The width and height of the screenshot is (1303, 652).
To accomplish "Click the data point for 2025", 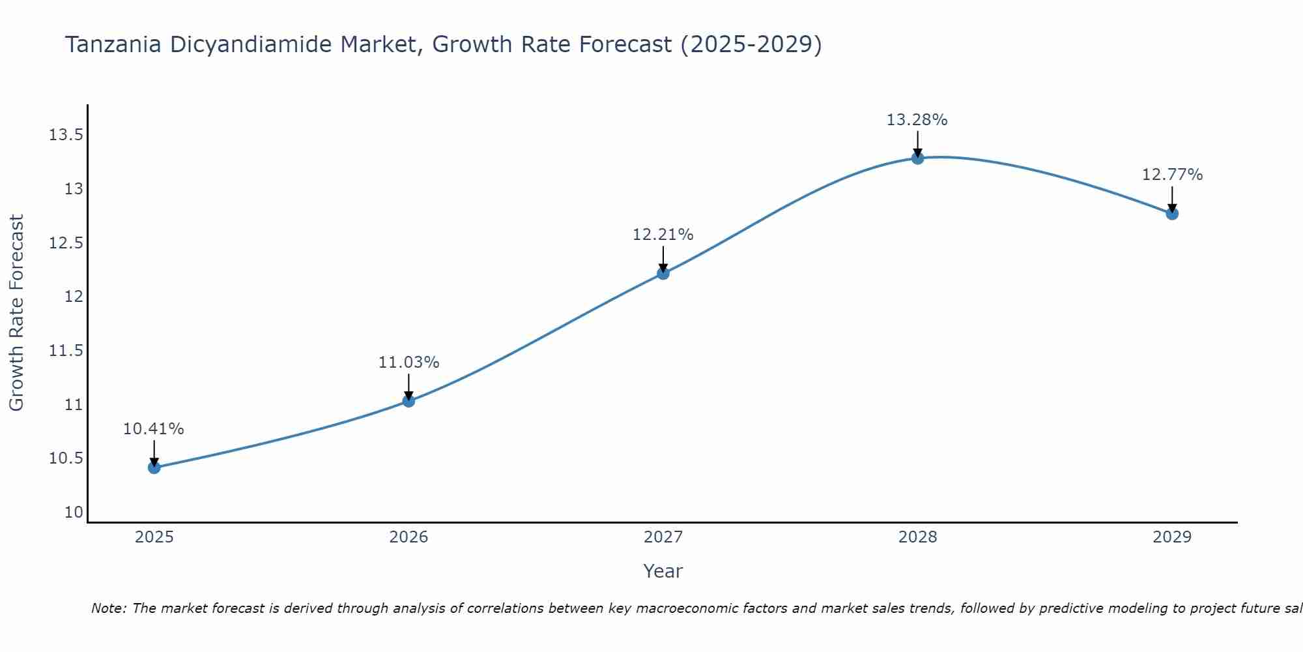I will pos(154,467).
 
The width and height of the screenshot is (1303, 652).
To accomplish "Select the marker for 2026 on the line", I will pos(408,400).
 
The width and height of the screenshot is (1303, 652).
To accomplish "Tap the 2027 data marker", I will pos(663,273).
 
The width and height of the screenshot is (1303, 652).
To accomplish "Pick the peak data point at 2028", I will pos(917,158).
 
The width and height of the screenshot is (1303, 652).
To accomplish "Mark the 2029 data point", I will pos(1172,213).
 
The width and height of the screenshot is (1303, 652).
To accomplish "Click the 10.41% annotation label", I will pos(154,429).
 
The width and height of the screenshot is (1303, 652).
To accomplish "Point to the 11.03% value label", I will pos(408,363).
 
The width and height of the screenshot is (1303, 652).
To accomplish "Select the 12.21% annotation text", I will pos(663,235).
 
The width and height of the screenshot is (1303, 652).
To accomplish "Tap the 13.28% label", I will pos(917,120).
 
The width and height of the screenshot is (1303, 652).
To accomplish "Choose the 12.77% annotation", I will pos(1172,175).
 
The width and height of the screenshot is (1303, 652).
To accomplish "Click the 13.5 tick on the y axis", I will pos(66,136).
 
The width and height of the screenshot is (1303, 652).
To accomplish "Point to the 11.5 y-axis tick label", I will pos(66,351).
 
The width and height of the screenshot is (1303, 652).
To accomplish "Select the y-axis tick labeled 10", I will pos(74,512).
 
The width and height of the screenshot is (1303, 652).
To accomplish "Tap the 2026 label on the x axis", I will pos(408,537).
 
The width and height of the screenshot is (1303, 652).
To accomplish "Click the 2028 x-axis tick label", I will pos(917,537).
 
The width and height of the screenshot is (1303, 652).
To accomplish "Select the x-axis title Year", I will pos(663,571).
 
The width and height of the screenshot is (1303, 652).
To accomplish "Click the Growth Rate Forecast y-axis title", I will pos(16,313).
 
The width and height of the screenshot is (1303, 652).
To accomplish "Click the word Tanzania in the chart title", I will pos(113,45).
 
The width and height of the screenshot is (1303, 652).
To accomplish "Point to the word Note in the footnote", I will pos(107,608).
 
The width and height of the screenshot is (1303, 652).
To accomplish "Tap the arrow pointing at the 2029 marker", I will pos(1172,198).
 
